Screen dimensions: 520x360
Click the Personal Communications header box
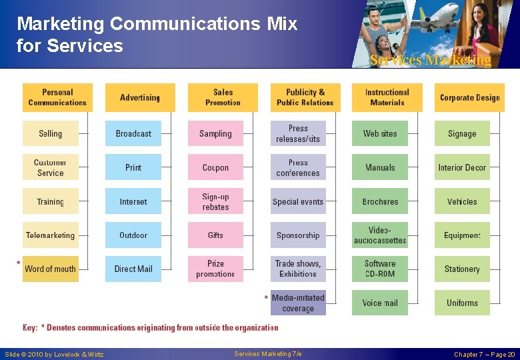point(57,97)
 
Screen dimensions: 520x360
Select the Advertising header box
point(140,97)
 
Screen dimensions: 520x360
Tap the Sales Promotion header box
point(223,97)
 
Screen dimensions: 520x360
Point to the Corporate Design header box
point(469,97)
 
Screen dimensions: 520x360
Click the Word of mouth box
point(51,269)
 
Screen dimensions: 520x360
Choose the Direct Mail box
point(133,269)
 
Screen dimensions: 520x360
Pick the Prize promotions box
point(215,269)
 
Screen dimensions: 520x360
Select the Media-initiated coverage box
point(298,303)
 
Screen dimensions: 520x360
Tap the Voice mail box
point(380,303)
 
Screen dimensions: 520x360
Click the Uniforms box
point(462,303)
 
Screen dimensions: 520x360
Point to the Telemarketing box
point(51,235)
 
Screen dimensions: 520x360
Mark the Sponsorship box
point(298,235)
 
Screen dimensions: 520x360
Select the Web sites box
point(380,133)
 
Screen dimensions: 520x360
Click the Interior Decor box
point(462,167)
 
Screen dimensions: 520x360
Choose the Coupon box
point(215,167)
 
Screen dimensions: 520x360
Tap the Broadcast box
point(133,133)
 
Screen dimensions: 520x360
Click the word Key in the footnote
point(30,328)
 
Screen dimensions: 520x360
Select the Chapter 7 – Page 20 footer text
point(484,354)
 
